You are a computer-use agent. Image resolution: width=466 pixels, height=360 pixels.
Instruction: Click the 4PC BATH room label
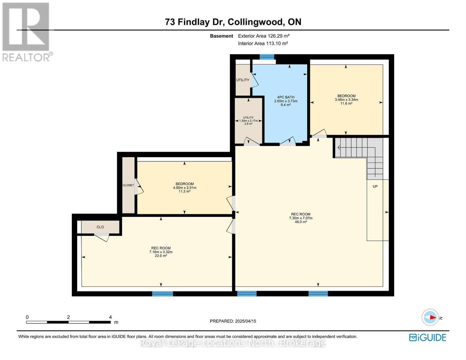(286, 97)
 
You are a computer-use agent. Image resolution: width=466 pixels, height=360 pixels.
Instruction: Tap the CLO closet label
(100, 227)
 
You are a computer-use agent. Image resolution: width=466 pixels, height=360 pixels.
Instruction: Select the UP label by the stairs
(375, 186)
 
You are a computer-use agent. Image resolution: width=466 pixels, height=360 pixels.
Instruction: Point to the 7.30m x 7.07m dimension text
(301, 218)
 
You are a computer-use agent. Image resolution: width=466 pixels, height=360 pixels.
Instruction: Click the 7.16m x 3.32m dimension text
(161, 252)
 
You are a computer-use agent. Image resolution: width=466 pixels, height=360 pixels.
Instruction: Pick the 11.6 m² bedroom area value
(346, 103)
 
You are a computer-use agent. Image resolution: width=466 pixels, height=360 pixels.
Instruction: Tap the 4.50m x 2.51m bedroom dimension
(185, 188)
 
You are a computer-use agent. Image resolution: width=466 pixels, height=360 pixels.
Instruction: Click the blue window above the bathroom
(267, 57)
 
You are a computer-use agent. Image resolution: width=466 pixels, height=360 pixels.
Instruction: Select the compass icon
(430, 317)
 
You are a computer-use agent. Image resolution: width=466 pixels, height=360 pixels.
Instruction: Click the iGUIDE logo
(428, 337)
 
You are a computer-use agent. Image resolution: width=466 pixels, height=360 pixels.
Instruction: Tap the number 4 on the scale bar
(110, 317)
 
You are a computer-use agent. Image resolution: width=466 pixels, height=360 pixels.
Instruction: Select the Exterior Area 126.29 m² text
(264, 36)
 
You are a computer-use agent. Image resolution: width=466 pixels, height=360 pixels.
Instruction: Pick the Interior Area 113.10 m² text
(263, 43)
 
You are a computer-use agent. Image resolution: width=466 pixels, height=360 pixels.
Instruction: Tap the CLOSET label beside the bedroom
(128, 185)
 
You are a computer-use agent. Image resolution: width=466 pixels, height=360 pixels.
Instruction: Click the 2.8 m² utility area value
(248, 124)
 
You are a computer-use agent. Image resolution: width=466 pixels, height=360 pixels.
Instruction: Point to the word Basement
(221, 36)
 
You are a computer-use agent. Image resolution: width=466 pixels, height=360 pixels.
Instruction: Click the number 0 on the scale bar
(27, 317)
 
